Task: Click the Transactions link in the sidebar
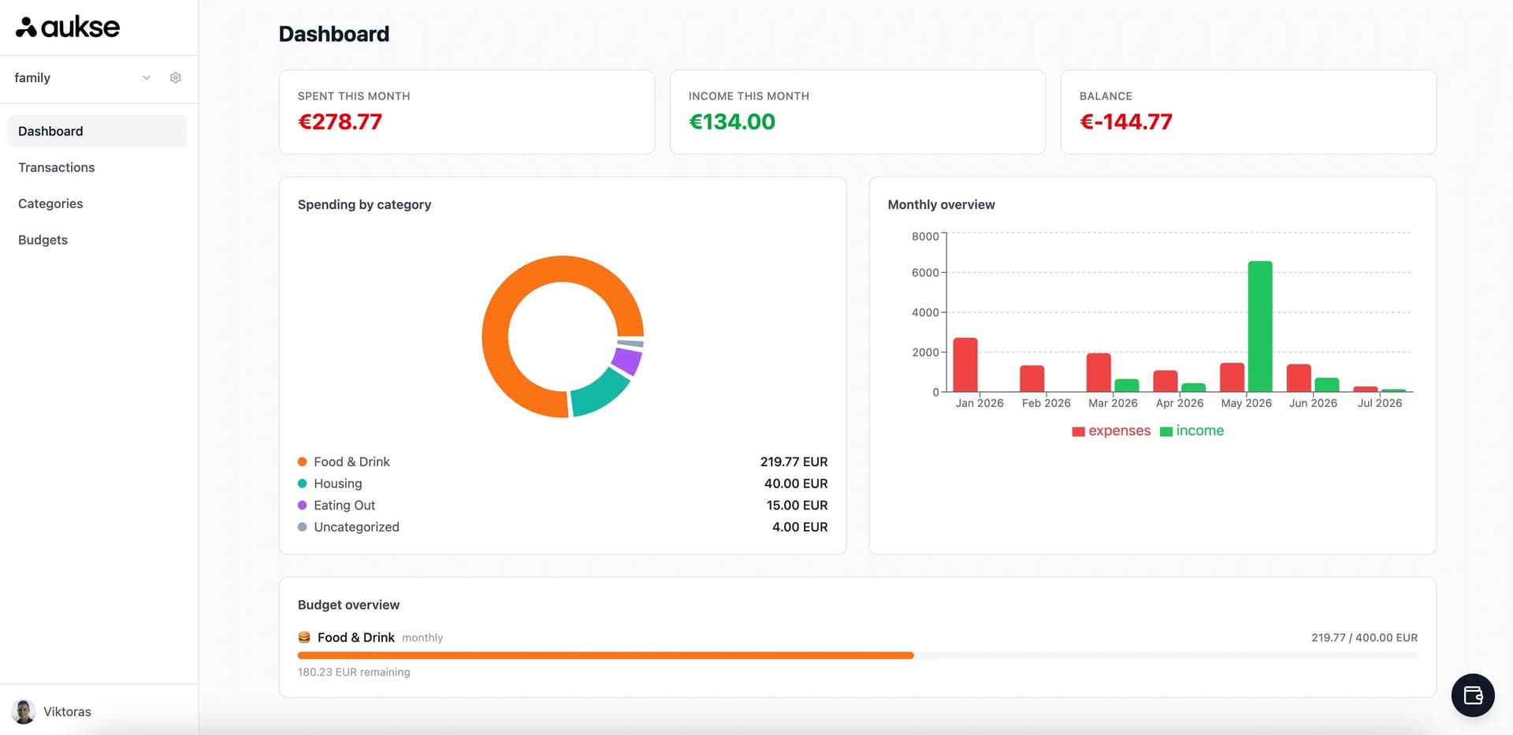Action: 56,167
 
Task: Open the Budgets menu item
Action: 43,240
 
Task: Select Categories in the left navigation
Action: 50,203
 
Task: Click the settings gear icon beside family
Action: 176,77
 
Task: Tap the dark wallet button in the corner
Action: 1473,696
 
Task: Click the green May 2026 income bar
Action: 1260,326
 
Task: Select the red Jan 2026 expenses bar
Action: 965,365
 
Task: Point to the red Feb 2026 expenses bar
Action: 1032,379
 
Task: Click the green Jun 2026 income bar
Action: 1327,385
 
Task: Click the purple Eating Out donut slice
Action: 627,361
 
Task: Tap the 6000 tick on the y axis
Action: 925,273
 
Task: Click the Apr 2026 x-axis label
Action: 1180,403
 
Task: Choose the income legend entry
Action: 1191,431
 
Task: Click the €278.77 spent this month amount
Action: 340,121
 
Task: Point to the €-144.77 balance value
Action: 1126,121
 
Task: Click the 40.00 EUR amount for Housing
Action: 796,483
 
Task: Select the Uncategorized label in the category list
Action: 356,527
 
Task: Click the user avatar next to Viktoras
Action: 24,711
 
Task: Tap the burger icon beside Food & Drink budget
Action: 304,637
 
